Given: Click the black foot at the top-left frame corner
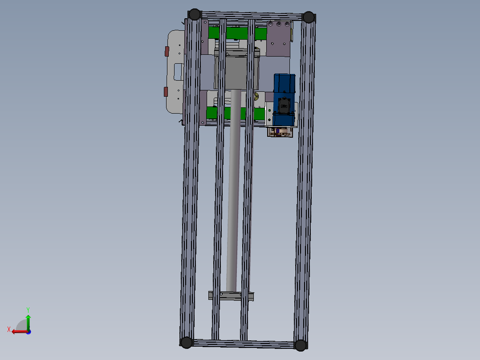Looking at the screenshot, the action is pos(195,14).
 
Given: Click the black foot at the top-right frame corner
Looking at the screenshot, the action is pos(309,17).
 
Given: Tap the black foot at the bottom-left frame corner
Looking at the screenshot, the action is pos(187,342).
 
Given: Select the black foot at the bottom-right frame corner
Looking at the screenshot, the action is pos(300,345).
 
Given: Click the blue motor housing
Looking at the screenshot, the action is pos(285,99).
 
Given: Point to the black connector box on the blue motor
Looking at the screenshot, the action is pos(284,106).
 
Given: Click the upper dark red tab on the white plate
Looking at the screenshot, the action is pos(167,51).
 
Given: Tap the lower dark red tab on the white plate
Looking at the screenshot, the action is pos(166,92).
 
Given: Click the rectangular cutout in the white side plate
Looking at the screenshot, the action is pos(178,72).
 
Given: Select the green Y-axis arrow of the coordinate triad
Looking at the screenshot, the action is pos(28,322).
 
